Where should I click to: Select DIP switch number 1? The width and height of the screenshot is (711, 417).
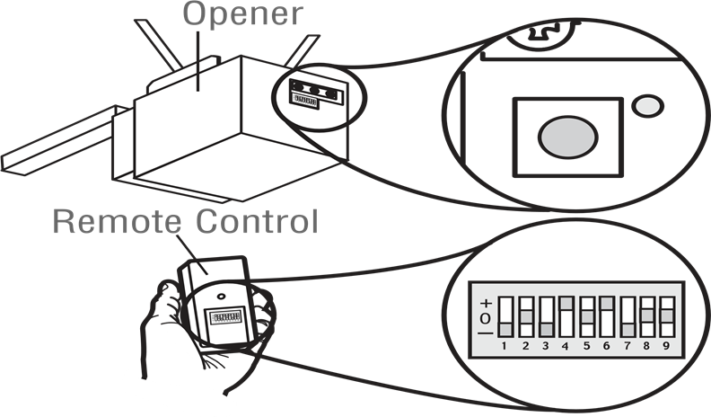click(505, 316)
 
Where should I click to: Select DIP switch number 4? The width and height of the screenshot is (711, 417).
click(566, 316)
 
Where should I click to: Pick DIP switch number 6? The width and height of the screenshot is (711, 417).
click(607, 316)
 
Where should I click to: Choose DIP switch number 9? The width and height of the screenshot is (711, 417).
click(668, 316)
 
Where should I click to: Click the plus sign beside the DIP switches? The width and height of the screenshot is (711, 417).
click(487, 303)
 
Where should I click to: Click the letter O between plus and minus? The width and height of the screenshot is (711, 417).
click(487, 318)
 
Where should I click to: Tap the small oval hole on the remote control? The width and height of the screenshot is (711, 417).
click(220, 295)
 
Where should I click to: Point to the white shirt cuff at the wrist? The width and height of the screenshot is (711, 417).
click(162, 391)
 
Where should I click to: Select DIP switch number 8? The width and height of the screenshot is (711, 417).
click(647, 316)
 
